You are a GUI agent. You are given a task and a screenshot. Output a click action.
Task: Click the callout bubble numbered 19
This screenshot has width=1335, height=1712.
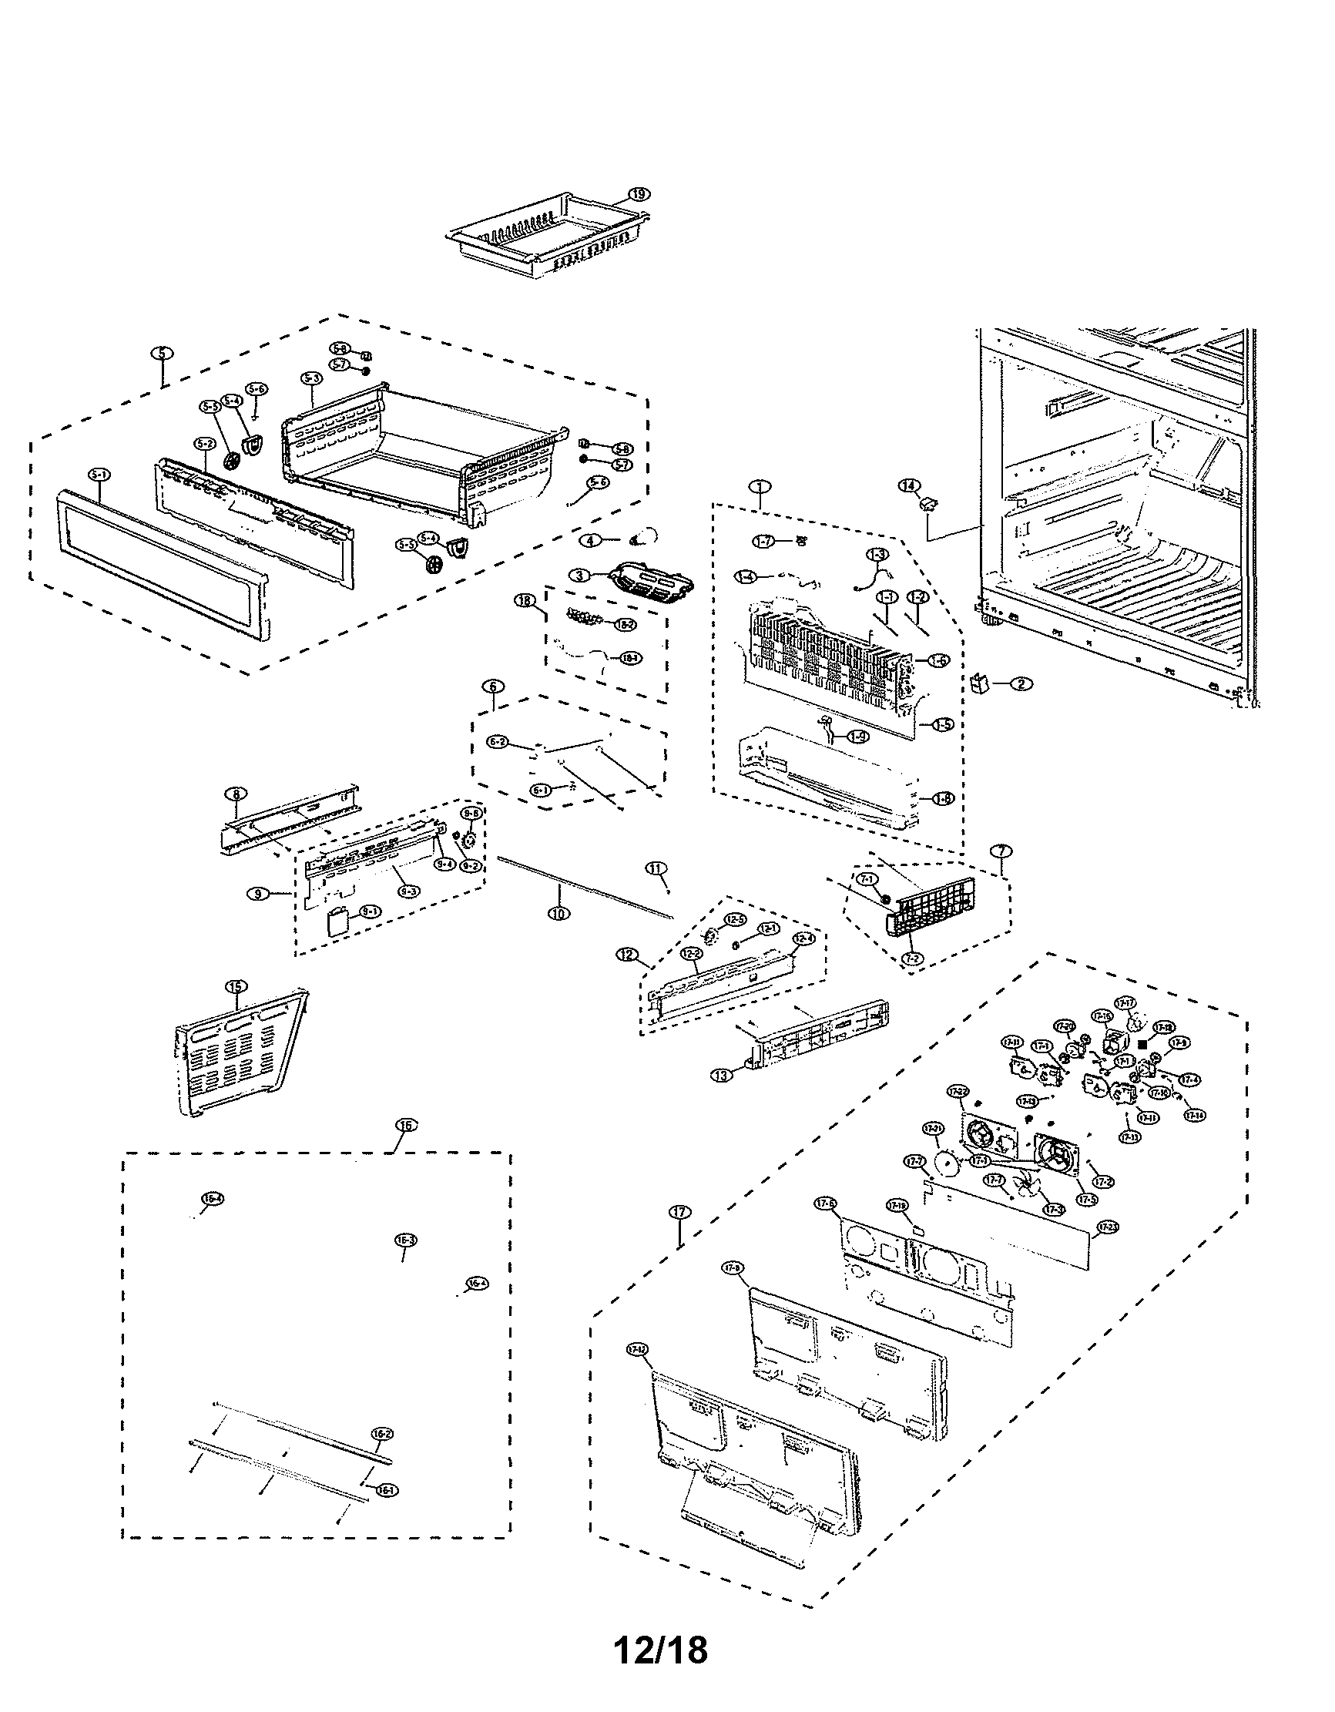[639, 193]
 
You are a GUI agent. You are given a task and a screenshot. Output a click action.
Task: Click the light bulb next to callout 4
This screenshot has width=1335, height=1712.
[648, 537]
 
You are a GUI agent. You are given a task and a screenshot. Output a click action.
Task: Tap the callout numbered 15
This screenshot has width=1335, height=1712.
[236, 986]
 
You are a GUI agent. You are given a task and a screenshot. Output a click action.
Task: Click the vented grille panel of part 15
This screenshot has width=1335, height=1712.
[235, 1054]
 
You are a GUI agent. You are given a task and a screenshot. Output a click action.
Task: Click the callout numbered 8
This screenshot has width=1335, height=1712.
[235, 794]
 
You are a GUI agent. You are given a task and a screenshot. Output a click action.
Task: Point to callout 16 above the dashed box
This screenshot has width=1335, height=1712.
[404, 1126]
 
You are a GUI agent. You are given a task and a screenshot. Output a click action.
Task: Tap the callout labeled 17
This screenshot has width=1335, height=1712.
[679, 1212]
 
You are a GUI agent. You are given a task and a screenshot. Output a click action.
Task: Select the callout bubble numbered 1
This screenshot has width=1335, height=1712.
[759, 486]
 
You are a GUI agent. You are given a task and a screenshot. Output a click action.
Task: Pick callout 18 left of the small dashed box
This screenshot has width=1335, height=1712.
[524, 599]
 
